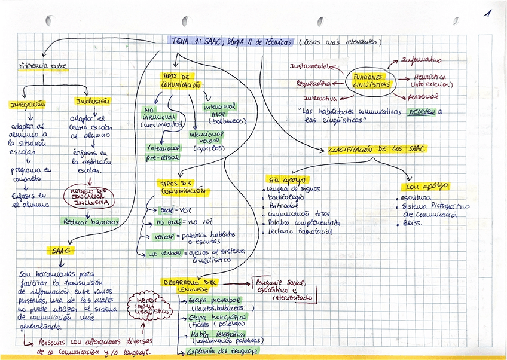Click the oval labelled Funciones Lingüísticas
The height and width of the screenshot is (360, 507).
tap(372, 81)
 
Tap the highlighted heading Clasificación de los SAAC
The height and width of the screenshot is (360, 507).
tap(377, 150)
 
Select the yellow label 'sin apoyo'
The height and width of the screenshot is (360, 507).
tap(286, 179)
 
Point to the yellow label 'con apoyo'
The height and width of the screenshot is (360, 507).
tap(427, 186)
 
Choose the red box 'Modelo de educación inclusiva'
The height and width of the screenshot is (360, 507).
tap(88, 197)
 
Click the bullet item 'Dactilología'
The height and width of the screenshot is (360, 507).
tap(288, 197)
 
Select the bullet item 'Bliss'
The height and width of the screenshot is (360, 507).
tap(413, 222)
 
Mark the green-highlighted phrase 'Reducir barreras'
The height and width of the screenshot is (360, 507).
tap(91, 221)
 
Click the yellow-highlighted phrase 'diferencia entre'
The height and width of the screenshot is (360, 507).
tap(43, 66)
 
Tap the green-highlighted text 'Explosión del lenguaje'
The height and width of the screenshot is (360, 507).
tap(222, 351)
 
